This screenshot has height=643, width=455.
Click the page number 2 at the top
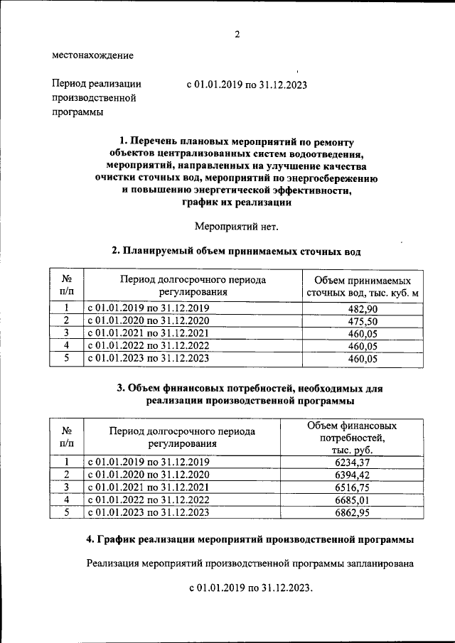pos(237,34)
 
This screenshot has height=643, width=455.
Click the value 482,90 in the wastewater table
pos(362,308)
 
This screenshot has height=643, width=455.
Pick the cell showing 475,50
pos(362,321)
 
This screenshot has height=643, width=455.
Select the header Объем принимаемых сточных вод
pos(362,286)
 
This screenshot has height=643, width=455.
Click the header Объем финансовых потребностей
pos(352,438)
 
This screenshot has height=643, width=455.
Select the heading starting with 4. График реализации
pos(250,540)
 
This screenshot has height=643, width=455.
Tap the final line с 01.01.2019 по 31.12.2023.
pos(250,589)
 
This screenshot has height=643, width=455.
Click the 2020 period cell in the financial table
pos(149,475)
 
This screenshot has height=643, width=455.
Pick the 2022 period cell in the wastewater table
pos(149,346)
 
